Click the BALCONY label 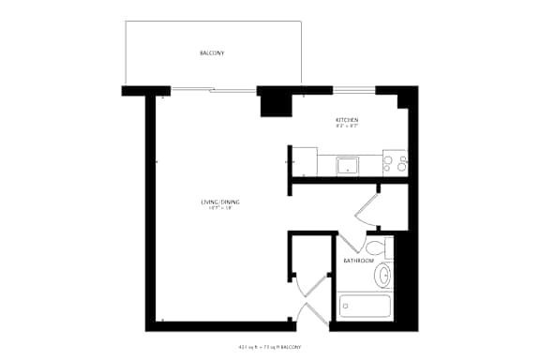point(211,53)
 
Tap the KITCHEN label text point(347,120)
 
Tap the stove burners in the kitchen point(395,165)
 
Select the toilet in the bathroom point(377,249)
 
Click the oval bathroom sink point(382,276)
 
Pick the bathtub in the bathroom point(365,306)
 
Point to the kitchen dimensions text point(347,127)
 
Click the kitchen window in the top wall point(354,90)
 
